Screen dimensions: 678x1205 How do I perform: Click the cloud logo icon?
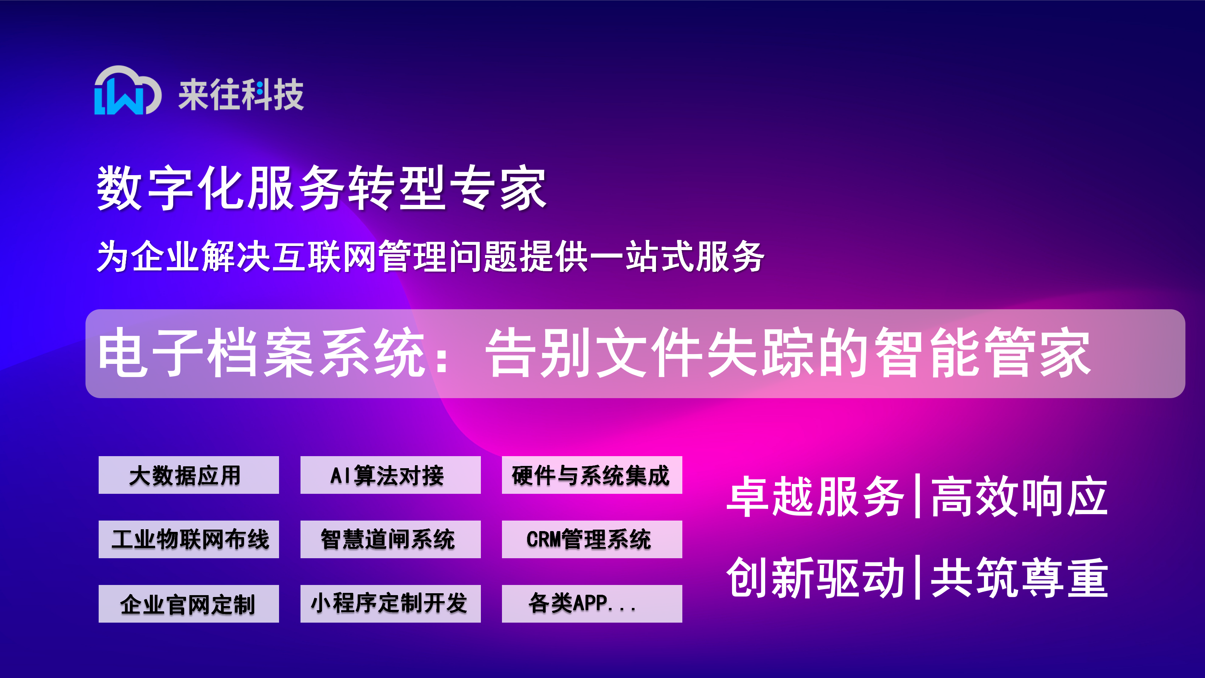128,90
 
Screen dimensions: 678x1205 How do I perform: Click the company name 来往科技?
241,95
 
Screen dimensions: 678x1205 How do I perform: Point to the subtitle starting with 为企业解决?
430,257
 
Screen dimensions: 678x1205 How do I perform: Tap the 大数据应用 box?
189,475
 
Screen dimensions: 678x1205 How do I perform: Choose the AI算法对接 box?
390,475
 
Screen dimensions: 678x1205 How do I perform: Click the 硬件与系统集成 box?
592,475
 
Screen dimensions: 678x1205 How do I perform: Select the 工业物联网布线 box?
189,539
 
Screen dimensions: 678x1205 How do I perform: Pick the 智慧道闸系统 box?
390,539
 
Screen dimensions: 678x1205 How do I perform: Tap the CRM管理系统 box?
592,539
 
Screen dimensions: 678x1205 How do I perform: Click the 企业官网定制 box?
189,603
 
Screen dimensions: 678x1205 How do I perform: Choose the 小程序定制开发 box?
390,603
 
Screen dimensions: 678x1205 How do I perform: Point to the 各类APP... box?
592,603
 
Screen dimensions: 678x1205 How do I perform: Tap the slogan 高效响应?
1019,496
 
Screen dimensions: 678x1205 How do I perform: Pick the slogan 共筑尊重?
1019,578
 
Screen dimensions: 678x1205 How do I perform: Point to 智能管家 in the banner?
982,353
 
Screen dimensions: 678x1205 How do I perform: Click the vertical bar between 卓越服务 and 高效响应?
917,496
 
